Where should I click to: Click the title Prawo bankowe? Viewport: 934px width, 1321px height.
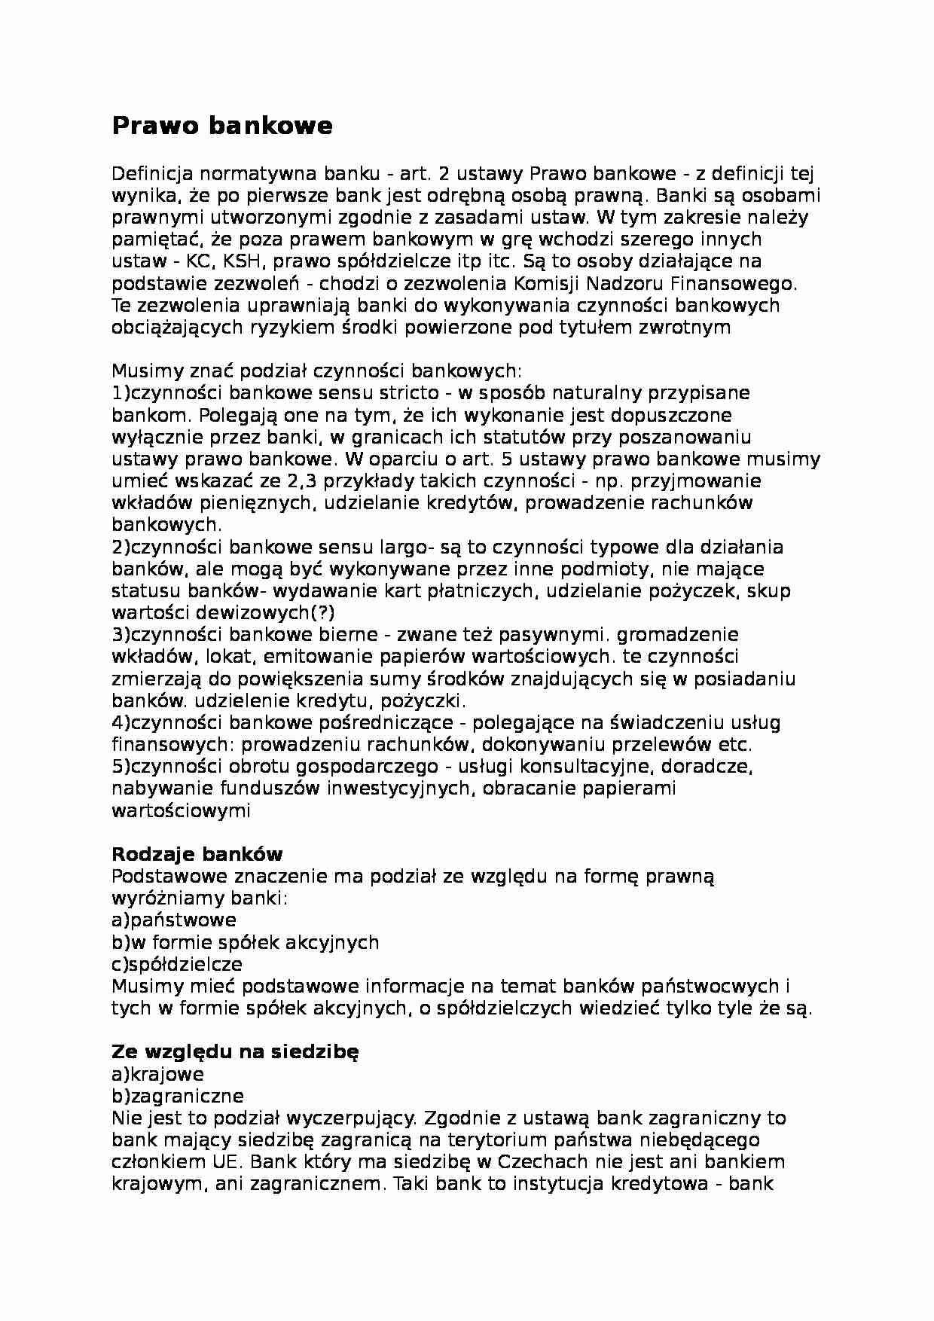tap(221, 126)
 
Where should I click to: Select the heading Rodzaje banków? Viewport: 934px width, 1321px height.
tap(197, 854)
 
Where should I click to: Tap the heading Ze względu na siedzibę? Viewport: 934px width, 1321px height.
tap(235, 1051)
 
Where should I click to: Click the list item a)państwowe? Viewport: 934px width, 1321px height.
tap(173, 920)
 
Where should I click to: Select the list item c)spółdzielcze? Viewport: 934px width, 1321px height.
tap(176, 964)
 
